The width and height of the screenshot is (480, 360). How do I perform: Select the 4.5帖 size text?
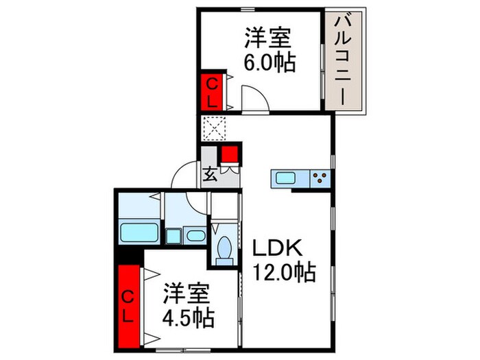point(188,317)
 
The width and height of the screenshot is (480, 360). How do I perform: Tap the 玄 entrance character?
point(210,174)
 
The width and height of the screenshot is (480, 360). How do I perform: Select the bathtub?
point(140,232)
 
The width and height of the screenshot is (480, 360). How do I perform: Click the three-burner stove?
point(319,179)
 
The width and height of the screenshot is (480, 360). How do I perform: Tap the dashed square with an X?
point(213,127)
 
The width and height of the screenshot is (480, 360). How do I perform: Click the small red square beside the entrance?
point(229,154)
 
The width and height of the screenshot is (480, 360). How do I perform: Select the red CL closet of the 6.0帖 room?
point(213,92)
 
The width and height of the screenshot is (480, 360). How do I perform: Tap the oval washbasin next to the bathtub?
point(195,235)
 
